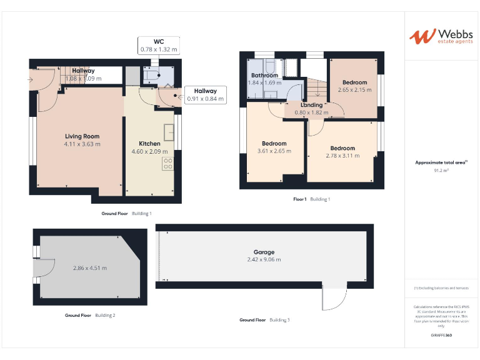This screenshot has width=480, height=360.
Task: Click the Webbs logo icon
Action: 422,36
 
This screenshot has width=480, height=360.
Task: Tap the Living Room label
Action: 82,136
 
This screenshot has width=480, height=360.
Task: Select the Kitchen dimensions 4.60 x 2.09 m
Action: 149,151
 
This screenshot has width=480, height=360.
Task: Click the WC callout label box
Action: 158,45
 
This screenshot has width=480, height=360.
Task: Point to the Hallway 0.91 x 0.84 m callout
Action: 205,95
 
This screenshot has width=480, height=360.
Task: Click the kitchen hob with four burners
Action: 168,164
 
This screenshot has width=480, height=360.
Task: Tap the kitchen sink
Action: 169,132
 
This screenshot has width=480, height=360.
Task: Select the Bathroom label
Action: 264,75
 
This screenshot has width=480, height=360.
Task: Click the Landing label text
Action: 311,105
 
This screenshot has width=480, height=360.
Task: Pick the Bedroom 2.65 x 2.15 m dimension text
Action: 354,90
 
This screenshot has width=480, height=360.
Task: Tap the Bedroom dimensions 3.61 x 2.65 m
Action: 274,151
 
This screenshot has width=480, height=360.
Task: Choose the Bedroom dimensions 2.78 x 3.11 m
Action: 342,156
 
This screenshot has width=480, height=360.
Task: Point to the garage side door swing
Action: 334,299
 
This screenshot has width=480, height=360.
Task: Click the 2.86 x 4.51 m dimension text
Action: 89,268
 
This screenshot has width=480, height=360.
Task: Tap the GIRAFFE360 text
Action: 441,336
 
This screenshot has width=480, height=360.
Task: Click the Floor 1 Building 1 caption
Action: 311,199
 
